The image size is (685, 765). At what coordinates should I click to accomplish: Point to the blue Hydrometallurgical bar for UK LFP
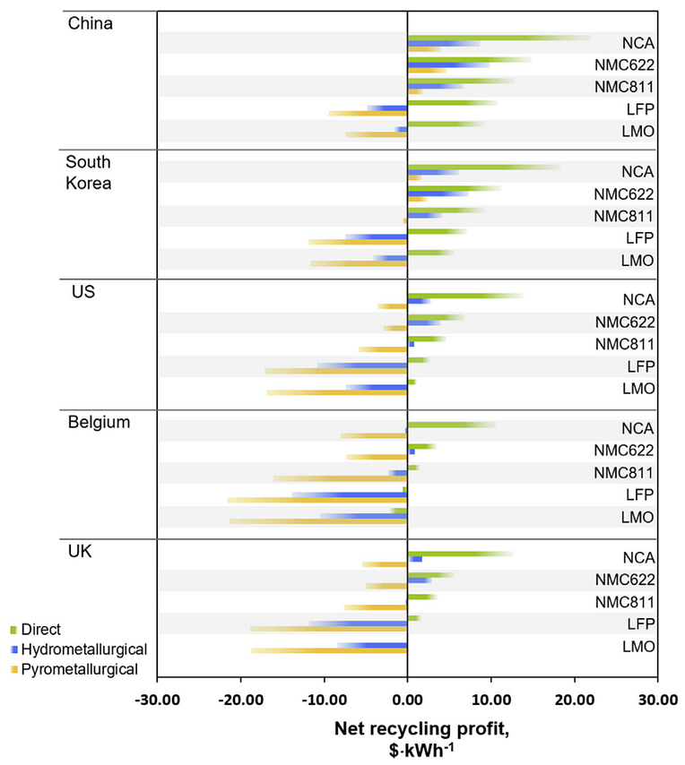[359, 623]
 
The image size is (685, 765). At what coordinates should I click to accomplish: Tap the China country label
[91, 23]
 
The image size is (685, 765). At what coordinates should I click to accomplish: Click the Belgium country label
[98, 423]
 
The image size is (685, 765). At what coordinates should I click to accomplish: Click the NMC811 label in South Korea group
[629, 216]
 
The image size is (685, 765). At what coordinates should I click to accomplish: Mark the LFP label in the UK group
[642, 624]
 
